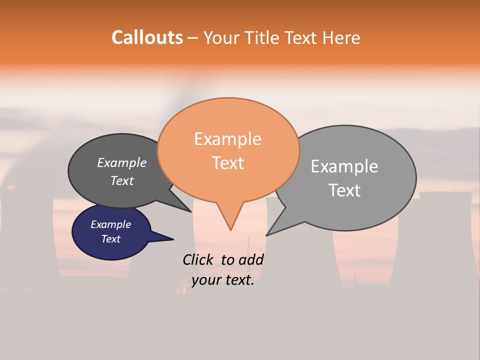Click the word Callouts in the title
coord(147,37)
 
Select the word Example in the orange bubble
coord(227,139)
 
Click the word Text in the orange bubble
coord(228,163)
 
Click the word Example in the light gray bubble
coord(344,166)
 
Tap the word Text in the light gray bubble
coord(345,190)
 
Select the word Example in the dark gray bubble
coord(122,162)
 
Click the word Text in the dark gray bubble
coord(122,180)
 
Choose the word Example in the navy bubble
coord(110,224)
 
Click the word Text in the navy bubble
coord(110,239)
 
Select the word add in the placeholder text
coord(251,259)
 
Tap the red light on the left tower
coord(10,187)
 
